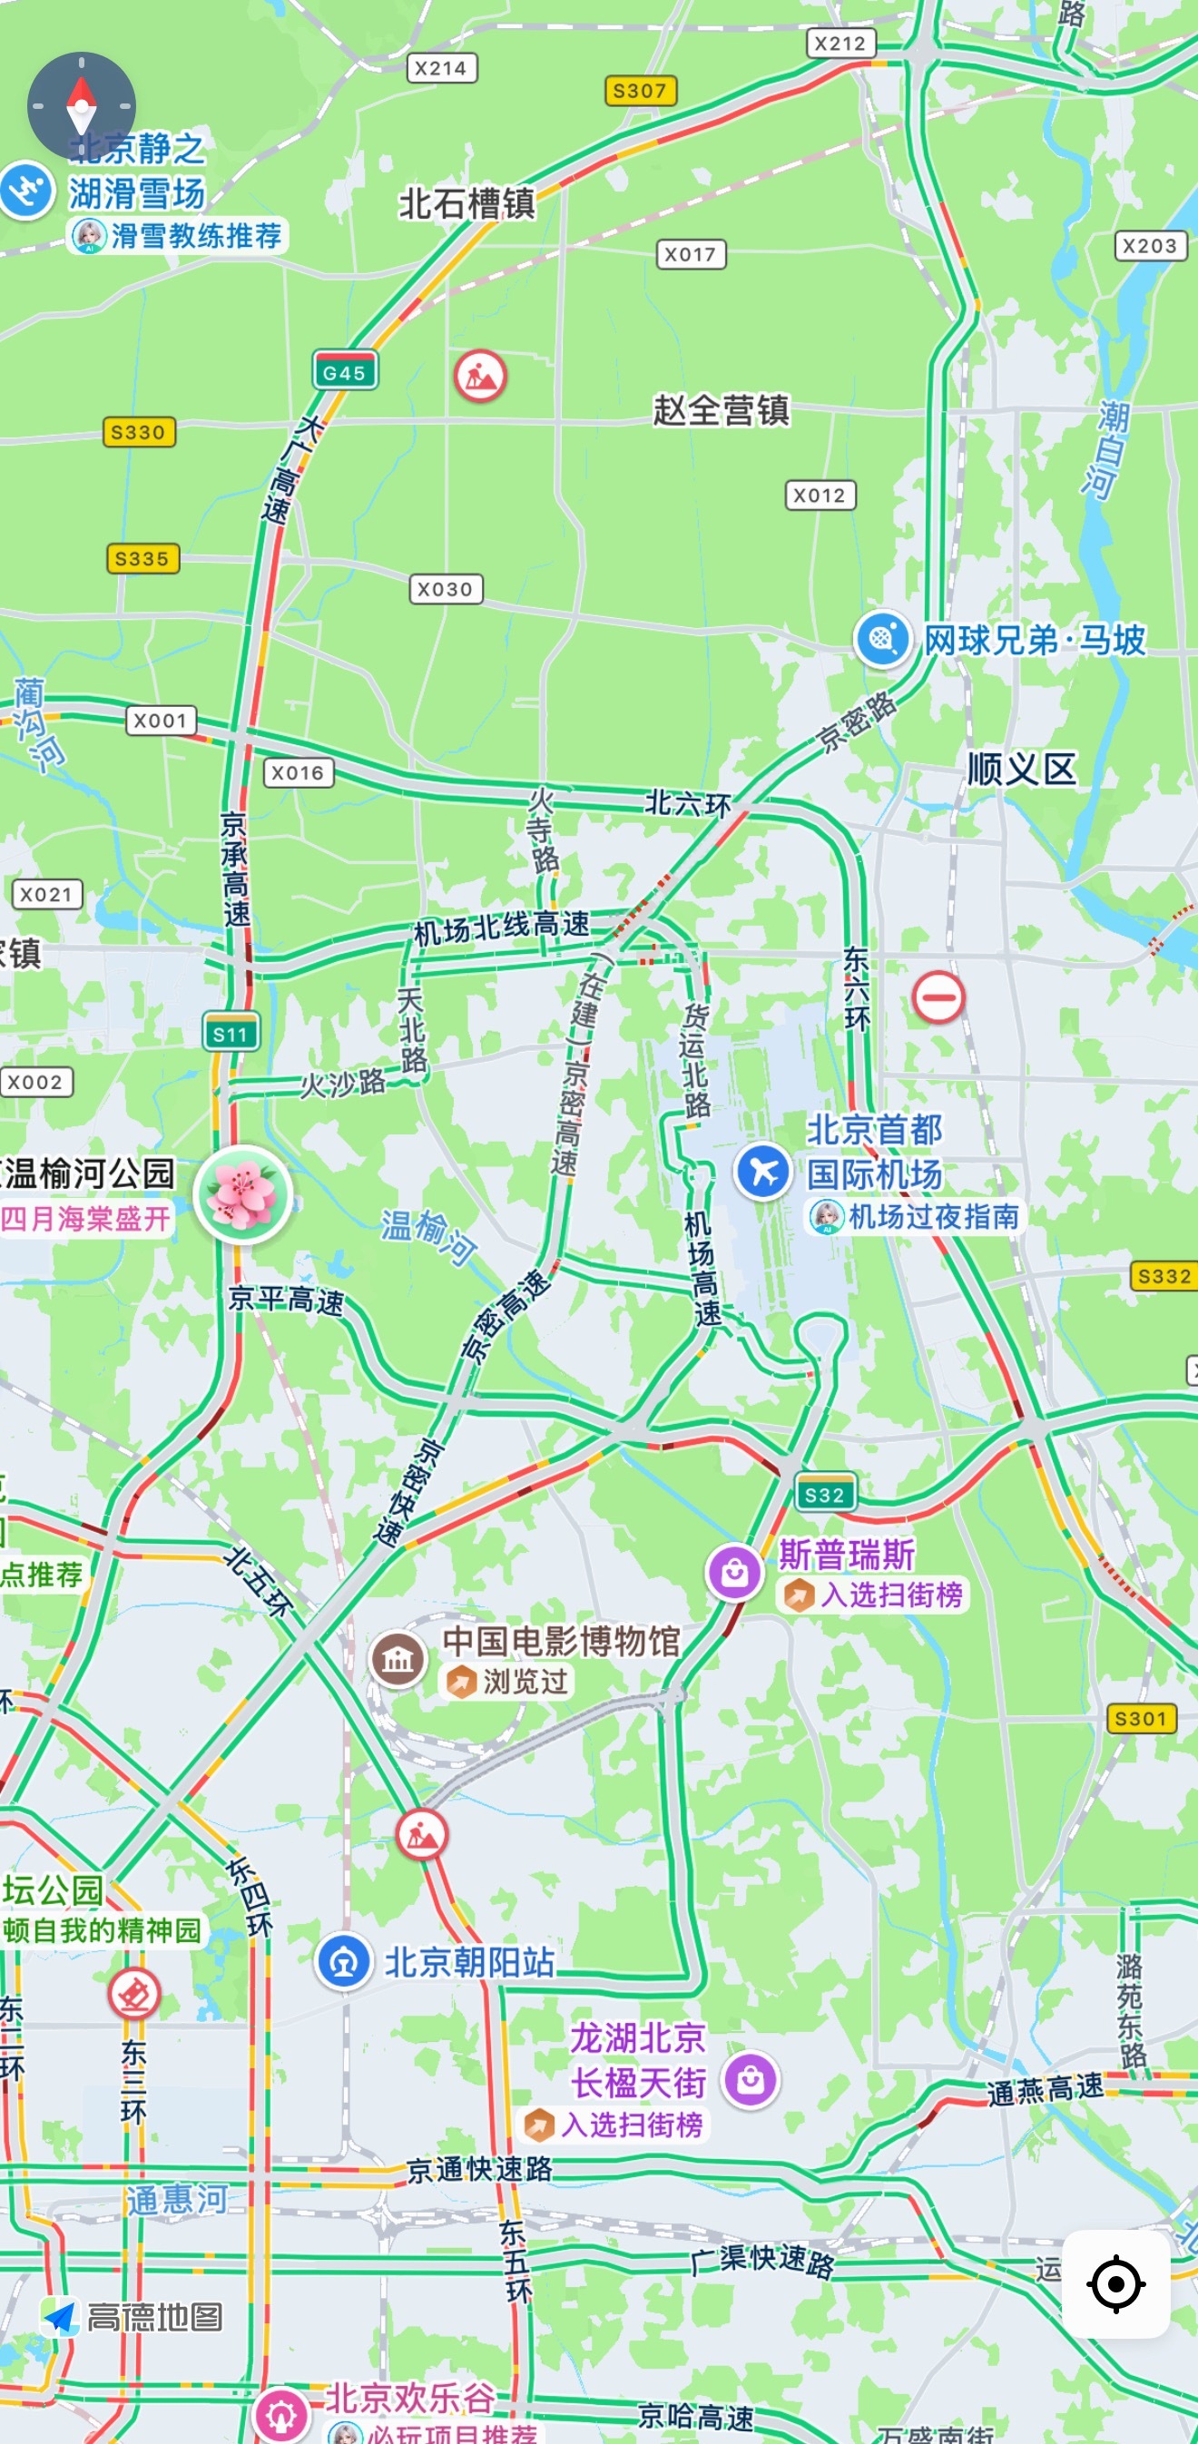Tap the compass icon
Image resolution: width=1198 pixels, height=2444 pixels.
82,105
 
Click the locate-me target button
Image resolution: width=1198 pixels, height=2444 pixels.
1115,2283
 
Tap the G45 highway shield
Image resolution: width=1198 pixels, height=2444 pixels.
344,372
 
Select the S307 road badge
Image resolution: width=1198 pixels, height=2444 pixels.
640,91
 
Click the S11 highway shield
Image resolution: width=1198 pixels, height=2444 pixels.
231,1033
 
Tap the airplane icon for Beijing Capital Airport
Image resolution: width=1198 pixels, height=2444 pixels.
762,1171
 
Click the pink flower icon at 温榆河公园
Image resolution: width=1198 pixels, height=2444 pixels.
243,1193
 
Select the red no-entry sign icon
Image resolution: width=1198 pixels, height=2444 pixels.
938,996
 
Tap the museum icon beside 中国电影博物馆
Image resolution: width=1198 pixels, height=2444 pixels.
398,1658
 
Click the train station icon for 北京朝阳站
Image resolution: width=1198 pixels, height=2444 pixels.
343,1961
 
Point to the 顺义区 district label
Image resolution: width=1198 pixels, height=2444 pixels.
1022,769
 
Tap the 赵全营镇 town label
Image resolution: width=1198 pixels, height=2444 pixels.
721,410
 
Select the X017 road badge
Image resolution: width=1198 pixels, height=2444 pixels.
691,254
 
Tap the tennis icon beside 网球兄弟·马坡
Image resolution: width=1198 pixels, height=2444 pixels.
883,639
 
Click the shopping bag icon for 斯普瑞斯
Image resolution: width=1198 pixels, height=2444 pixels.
734,1573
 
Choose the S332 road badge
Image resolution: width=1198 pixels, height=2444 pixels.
1163,1276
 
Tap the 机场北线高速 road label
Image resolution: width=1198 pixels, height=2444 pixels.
501,927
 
